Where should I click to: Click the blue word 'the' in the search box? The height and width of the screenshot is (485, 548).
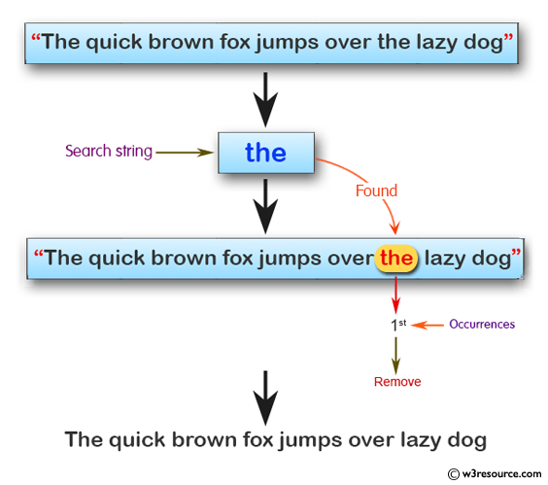coord(265,153)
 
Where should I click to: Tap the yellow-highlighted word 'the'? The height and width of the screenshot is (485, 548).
coord(396,259)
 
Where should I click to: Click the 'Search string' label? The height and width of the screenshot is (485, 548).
coord(109,152)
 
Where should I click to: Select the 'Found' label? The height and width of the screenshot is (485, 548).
coord(376,191)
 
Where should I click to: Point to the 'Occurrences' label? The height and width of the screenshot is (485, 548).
coord(482,325)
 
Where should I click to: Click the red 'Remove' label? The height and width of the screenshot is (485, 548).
coord(397,382)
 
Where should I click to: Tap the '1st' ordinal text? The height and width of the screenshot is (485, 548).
coord(398,325)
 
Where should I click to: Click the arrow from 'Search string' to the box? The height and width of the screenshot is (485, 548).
coord(185,153)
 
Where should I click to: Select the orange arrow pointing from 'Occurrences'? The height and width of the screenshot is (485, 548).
coord(428,326)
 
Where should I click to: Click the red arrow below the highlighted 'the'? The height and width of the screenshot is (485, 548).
coord(395,295)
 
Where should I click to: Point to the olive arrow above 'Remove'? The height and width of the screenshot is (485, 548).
coord(395,356)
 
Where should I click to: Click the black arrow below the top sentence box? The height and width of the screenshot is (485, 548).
coord(265,100)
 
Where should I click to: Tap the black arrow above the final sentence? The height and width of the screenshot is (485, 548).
coord(265,398)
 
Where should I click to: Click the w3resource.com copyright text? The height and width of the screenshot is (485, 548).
coord(495,473)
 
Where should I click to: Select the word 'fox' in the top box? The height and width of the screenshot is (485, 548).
coord(235,42)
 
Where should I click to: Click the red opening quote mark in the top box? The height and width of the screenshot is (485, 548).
coord(36,37)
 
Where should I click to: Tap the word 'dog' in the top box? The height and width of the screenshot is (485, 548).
coord(483,43)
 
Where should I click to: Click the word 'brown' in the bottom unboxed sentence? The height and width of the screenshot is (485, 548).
coord(204,439)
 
